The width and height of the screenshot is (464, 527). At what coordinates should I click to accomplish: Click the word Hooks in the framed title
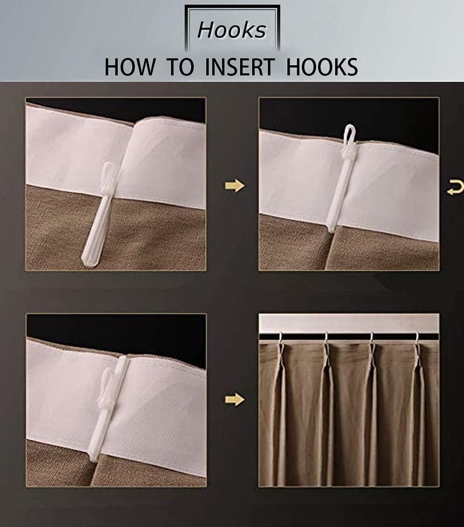pyautogui.click(x=232, y=30)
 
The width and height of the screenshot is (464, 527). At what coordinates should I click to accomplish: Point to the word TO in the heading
pyautogui.click(x=181, y=67)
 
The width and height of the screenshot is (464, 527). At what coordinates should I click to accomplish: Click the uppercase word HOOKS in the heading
pyautogui.click(x=322, y=67)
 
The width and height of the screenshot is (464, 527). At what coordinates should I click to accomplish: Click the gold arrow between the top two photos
pyautogui.click(x=235, y=186)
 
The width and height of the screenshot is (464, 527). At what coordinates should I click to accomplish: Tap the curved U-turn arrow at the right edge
pyautogui.click(x=455, y=188)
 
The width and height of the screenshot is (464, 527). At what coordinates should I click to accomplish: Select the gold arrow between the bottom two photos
pyautogui.click(x=235, y=399)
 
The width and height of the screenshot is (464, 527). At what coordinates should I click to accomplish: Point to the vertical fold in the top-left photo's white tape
pyautogui.click(x=133, y=157)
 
